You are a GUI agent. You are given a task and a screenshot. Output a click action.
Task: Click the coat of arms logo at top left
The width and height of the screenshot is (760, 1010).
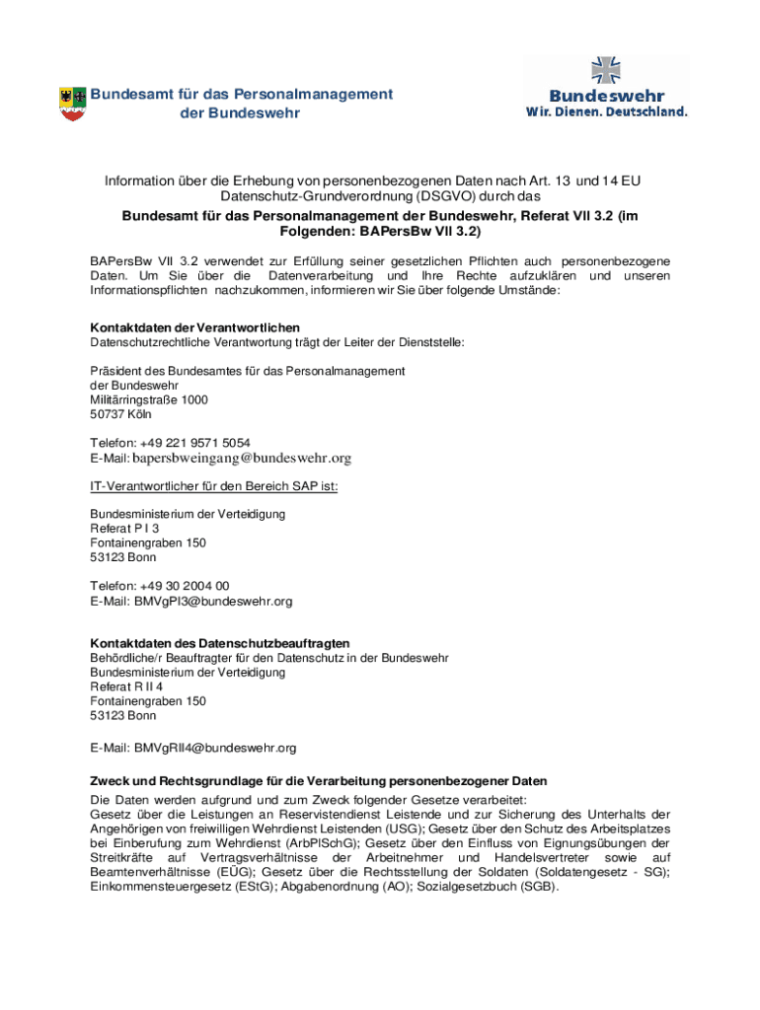[x=73, y=104]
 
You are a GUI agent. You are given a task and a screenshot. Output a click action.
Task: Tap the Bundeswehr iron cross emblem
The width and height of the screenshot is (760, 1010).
[x=605, y=70]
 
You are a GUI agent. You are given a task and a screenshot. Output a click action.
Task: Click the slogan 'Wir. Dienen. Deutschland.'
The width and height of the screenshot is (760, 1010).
[x=606, y=112]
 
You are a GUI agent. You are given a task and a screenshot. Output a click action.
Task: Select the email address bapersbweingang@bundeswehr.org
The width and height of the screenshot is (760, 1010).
[x=242, y=459]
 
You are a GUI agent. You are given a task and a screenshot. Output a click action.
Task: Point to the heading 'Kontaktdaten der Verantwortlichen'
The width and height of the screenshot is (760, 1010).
[x=194, y=327]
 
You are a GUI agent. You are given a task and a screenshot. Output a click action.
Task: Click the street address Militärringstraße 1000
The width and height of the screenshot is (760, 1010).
[x=149, y=400]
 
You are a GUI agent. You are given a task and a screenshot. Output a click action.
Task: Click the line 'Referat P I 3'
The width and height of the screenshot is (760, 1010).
[x=124, y=529]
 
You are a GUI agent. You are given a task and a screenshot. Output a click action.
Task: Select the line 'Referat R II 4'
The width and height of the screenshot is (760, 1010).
[x=126, y=686]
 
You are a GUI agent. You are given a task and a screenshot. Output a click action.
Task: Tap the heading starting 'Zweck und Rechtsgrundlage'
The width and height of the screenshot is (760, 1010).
[x=318, y=781]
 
